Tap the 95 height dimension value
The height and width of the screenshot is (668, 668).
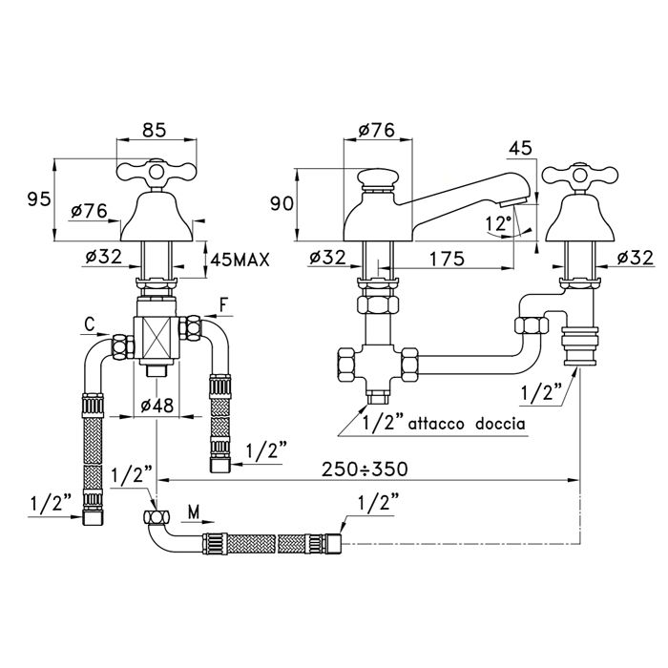pos(38,199)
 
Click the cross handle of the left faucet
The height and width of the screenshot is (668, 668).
pos(156,173)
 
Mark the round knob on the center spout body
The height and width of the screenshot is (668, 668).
pos(375,178)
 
